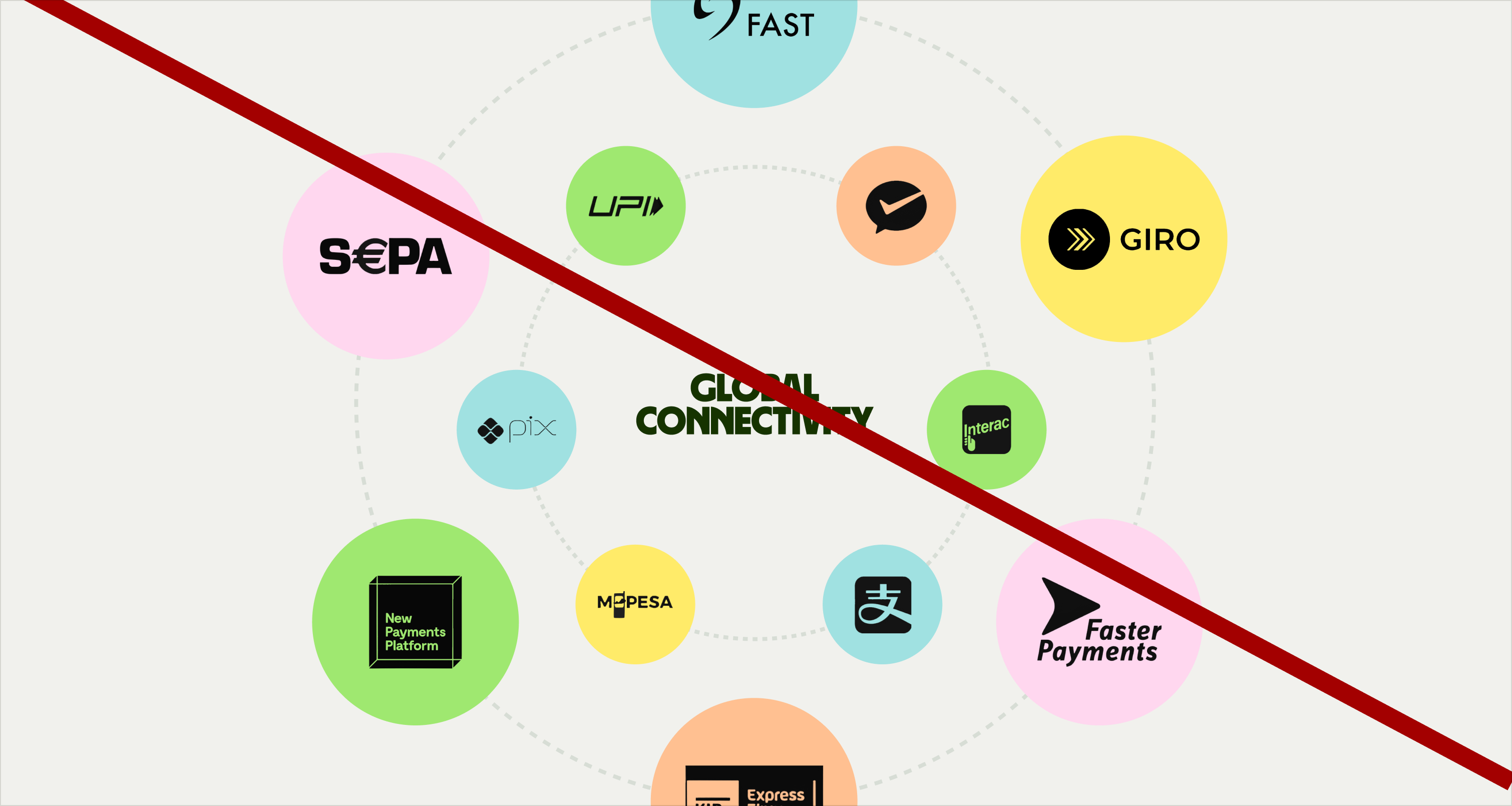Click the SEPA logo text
click(385, 256)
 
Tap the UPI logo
click(626, 207)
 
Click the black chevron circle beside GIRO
click(1078, 239)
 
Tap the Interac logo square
click(986, 430)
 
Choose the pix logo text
click(532, 428)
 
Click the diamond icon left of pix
click(490, 431)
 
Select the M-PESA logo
click(634, 603)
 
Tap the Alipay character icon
click(883, 605)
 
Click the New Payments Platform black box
click(415, 622)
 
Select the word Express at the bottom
click(776, 795)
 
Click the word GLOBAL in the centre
click(753, 387)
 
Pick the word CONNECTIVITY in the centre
click(753, 421)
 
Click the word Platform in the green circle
click(412, 646)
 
